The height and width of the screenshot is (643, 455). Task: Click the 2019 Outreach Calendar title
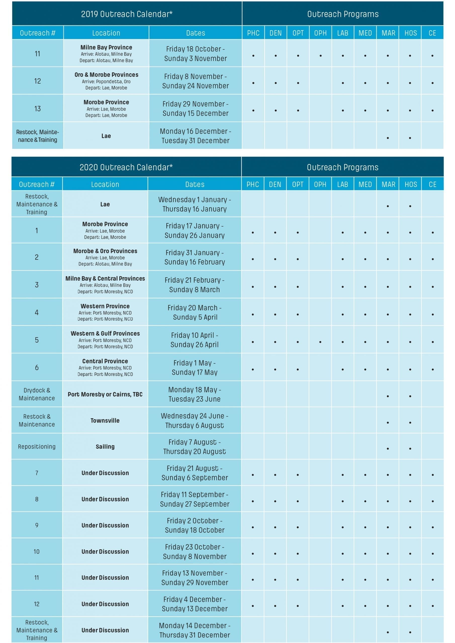pos(127,14)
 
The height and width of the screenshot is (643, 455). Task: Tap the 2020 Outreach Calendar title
pos(126,167)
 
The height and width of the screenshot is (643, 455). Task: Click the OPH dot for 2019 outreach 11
pos(320,56)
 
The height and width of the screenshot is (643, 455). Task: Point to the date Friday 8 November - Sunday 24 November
pos(195,81)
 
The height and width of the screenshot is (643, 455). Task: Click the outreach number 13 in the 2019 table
pos(37,109)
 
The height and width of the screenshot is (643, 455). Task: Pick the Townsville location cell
pos(105,420)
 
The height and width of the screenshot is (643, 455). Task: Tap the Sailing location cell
pos(105,446)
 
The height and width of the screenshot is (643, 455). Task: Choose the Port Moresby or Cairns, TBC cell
pos(105,394)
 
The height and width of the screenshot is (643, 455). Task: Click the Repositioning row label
pos(37,446)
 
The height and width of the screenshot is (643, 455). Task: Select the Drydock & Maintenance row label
pos(37,394)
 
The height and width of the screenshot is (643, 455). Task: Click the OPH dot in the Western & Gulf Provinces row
pos(320,342)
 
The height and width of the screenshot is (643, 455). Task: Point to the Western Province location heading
pos(105,306)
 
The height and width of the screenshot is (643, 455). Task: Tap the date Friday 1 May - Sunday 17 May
pos(195,367)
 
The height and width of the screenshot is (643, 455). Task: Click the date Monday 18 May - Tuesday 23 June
pos(195,394)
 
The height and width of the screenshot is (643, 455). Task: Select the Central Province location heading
pos(105,361)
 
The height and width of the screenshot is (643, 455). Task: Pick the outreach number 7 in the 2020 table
pos(37,473)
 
